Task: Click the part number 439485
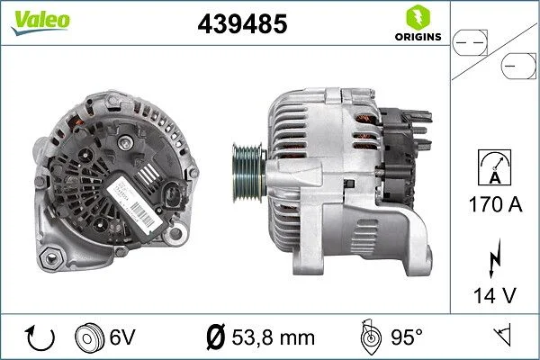241,24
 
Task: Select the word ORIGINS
417,37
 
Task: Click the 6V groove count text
122,337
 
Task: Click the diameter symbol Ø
215,337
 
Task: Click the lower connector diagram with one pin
518,67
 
